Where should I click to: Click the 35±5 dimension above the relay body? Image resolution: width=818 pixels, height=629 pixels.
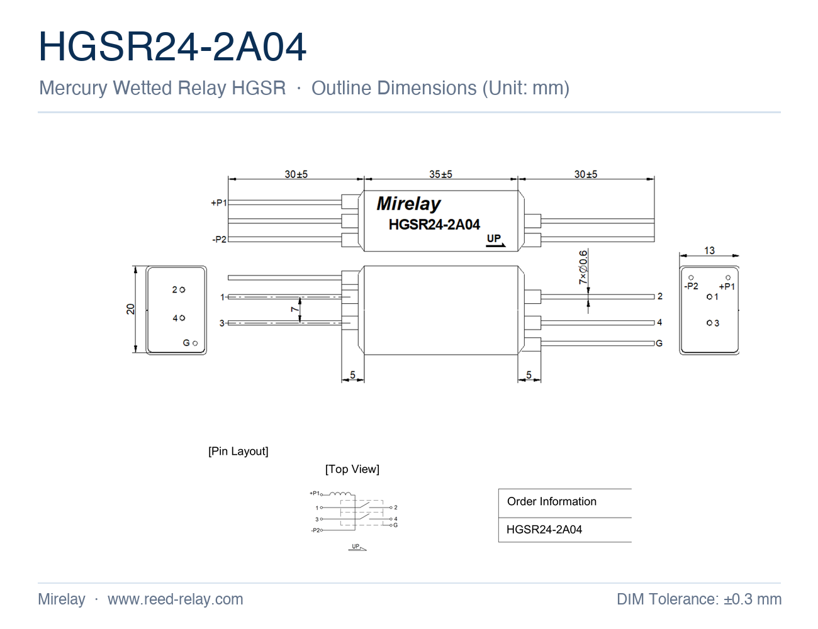440,174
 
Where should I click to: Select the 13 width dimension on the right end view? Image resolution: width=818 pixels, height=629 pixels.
709,250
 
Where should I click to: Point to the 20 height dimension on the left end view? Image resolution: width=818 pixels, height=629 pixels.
130,309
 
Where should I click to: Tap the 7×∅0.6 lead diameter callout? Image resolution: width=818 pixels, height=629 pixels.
583,267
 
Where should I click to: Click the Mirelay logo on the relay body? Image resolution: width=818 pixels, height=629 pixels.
408,204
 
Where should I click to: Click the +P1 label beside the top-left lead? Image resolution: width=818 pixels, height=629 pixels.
219,203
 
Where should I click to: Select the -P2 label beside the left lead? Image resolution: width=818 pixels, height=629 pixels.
219,239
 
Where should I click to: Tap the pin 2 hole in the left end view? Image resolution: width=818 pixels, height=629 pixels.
182,290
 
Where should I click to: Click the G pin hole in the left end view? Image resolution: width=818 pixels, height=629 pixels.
195,343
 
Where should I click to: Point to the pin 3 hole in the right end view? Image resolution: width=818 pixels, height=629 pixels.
709,323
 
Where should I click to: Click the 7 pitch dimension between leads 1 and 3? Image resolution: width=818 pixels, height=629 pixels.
294,309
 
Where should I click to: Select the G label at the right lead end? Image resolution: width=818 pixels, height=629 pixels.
659,343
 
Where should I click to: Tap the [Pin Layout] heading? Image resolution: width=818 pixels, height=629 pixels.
238,451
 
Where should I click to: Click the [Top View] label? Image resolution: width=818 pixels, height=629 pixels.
352,469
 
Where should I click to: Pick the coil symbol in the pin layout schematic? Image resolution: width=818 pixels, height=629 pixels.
340,494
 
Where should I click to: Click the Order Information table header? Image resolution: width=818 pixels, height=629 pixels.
552,501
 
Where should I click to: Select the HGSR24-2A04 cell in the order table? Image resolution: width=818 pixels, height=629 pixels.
544,530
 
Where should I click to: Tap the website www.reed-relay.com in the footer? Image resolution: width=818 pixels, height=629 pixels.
176,599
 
